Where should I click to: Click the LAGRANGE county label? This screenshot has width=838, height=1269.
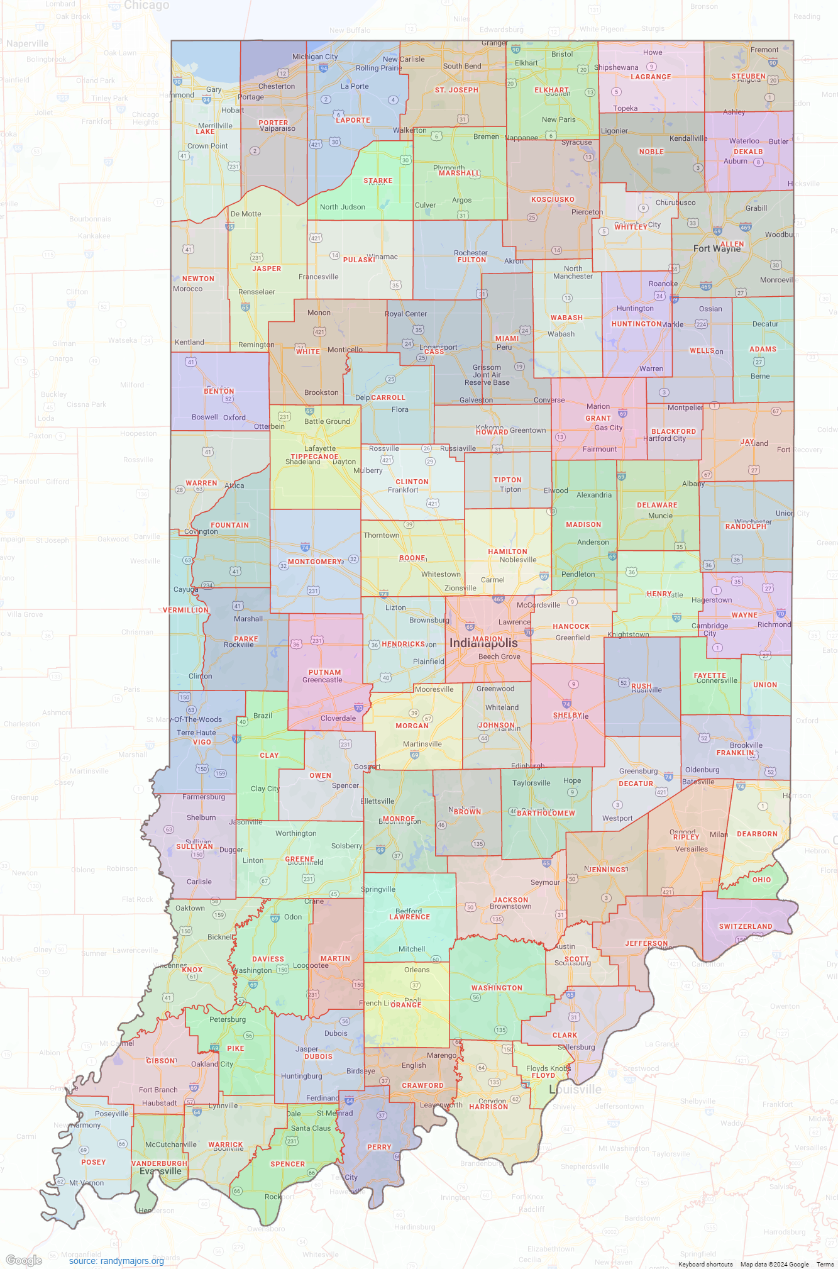click(x=651, y=77)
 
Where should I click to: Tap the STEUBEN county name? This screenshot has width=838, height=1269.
click(x=748, y=76)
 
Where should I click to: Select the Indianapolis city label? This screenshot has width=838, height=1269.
click(x=483, y=643)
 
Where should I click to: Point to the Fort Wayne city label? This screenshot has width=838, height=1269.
click(x=717, y=249)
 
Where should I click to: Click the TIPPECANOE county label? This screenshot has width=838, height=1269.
click(x=314, y=457)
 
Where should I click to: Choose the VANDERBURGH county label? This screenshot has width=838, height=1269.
click(x=159, y=1163)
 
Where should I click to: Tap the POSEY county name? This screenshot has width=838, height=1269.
click(x=93, y=1162)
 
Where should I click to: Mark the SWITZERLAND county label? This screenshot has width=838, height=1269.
click(x=746, y=926)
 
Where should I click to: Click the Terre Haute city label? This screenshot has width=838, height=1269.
click(x=196, y=733)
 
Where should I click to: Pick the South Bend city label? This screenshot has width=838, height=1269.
click(x=462, y=66)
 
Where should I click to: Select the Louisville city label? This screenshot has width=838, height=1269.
click(x=575, y=1089)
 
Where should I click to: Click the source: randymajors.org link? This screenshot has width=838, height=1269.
click(x=116, y=1261)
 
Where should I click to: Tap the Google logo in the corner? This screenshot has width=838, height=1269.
click(x=24, y=1260)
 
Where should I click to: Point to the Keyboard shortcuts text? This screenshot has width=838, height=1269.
click(x=705, y=1264)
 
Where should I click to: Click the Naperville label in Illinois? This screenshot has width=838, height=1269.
click(x=27, y=43)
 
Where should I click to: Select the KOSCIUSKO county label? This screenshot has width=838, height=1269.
click(x=553, y=199)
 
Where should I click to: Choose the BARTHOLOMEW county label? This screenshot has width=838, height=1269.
click(x=546, y=813)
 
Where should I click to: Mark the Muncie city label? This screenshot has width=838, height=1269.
click(x=660, y=516)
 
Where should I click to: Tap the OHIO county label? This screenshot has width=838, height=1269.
click(x=761, y=880)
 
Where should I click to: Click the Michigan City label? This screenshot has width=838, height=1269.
click(x=315, y=57)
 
